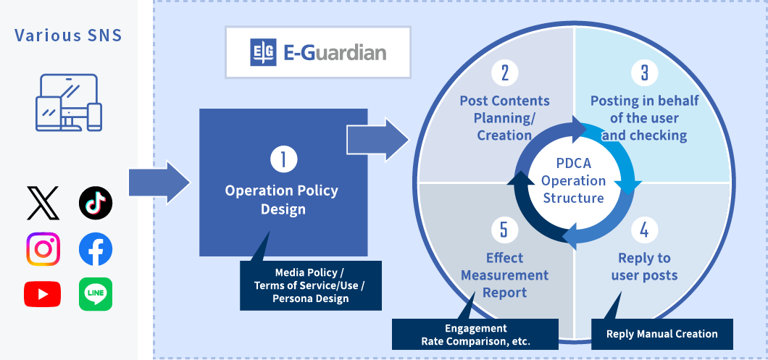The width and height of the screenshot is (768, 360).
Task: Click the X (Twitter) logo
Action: [x=43, y=203]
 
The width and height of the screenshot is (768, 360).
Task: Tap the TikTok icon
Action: [x=96, y=203]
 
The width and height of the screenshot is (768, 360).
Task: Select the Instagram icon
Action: [x=43, y=249]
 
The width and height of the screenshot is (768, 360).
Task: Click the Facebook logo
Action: [x=96, y=249]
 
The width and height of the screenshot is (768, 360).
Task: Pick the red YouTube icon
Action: [x=43, y=294]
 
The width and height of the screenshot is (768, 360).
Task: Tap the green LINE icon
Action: [x=96, y=294]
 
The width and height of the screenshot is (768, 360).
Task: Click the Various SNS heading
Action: [x=68, y=35]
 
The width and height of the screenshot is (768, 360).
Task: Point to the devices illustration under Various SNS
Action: [x=69, y=102]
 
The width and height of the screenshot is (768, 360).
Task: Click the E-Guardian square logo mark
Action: [x=263, y=52]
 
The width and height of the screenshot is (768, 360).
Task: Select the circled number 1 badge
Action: [x=283, y=160]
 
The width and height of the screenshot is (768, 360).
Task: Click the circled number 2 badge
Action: [x=504, y=73]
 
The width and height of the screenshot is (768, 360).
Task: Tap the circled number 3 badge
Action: [x=644, y=73]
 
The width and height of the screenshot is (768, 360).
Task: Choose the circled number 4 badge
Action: [x=644, y=230]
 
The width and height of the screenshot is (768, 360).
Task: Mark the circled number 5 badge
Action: [x=504, y=230]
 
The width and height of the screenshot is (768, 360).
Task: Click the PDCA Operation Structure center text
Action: [x=574, y=181]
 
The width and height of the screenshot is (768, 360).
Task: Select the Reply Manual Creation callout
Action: [x=661, y=334]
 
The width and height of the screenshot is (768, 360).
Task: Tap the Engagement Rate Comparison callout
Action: [x=475, y=335]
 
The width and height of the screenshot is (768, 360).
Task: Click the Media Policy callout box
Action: [x=311, y=285]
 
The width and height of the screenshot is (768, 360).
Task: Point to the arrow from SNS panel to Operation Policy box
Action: [x=159, y=183]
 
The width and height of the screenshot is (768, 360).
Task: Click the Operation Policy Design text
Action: [x=283, y=200]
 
